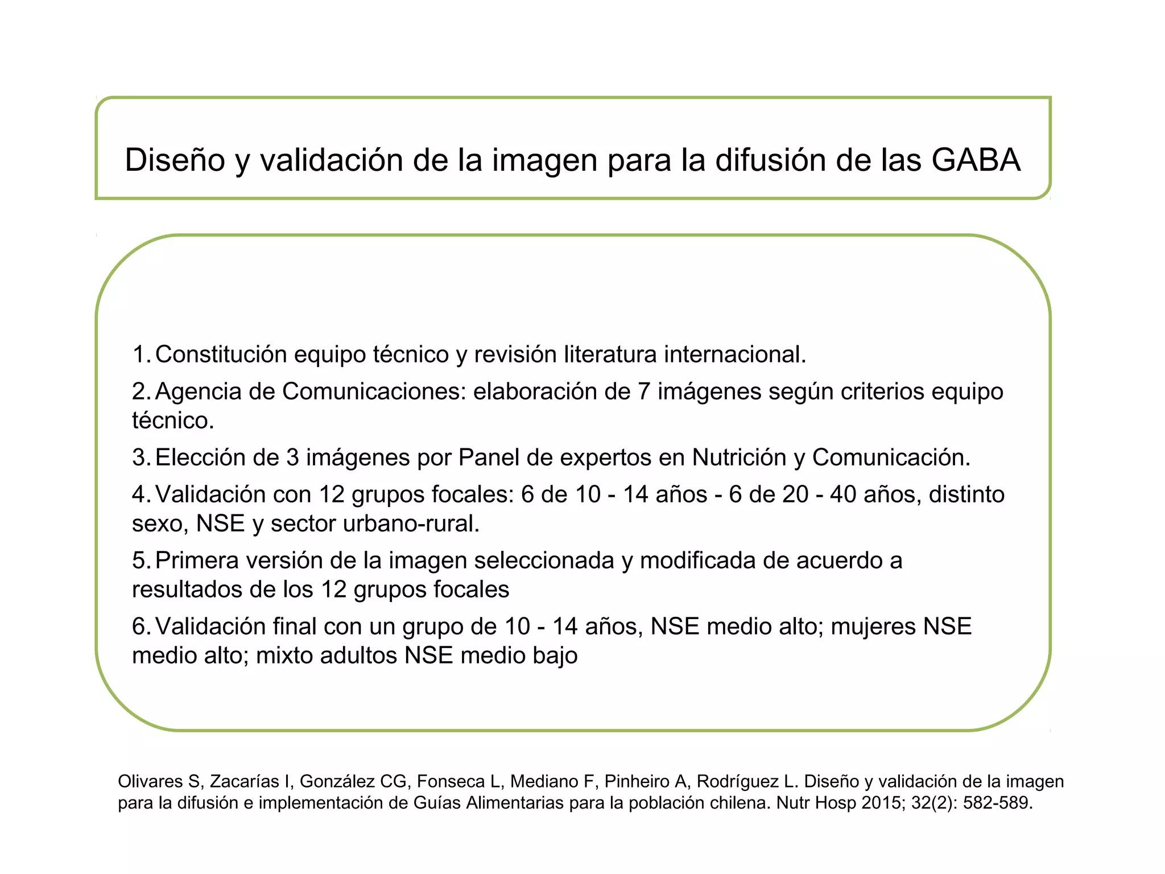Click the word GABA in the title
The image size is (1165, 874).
point(976,160)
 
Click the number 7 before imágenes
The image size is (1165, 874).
point(643,391)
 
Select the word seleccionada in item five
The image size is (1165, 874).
point(544,560)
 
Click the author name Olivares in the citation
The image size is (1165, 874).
point(150,782)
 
